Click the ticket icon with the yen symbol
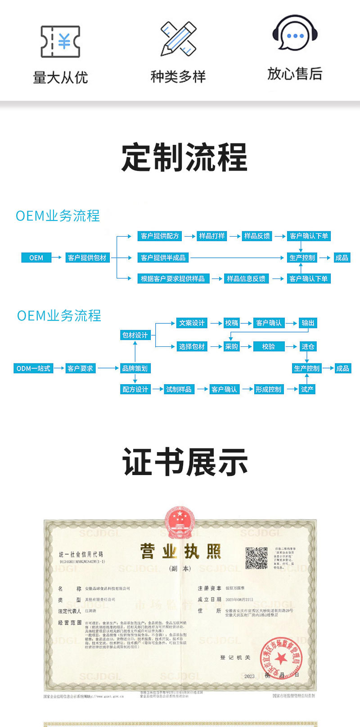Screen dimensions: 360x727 tap(60, 41)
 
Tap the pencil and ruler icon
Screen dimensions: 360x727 tap(178, 39)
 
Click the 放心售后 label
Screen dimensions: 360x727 tap(295, 73)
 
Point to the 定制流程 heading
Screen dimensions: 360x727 tap(184, 157)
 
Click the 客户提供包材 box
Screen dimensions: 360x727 tap(87, 258)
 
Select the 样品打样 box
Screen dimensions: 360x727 tap(212, 236)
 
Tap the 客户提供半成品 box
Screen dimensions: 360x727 tap(163, 258)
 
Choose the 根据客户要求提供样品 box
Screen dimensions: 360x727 tap(173, 279)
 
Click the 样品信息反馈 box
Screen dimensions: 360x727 tap(246, 279)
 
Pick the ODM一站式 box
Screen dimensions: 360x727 tap(33, 368)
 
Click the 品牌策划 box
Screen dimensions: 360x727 tap(135, 368)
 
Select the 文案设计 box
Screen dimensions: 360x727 tap(192, 323)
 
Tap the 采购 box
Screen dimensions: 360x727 tap(232, 347)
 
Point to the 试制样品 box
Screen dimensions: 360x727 tap(179, 390)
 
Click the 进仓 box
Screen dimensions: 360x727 tap(308, 347)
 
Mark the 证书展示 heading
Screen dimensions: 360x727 tap(185, 462)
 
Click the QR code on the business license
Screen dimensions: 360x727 tap(256, 558)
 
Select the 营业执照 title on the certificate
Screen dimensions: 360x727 tap(180, 552)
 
